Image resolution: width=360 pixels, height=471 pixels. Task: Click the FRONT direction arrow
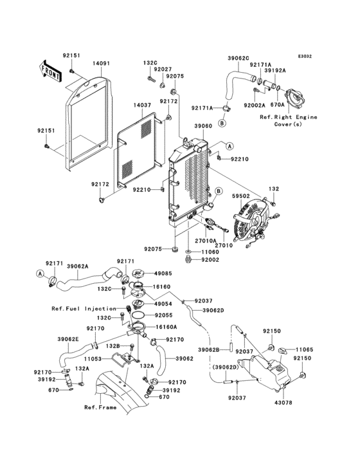click(51, 71)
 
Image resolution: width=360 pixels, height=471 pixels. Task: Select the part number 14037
click(143, 105)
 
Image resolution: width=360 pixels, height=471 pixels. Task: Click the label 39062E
click(68, 338)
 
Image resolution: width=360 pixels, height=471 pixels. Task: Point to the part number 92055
click(163, 315)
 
